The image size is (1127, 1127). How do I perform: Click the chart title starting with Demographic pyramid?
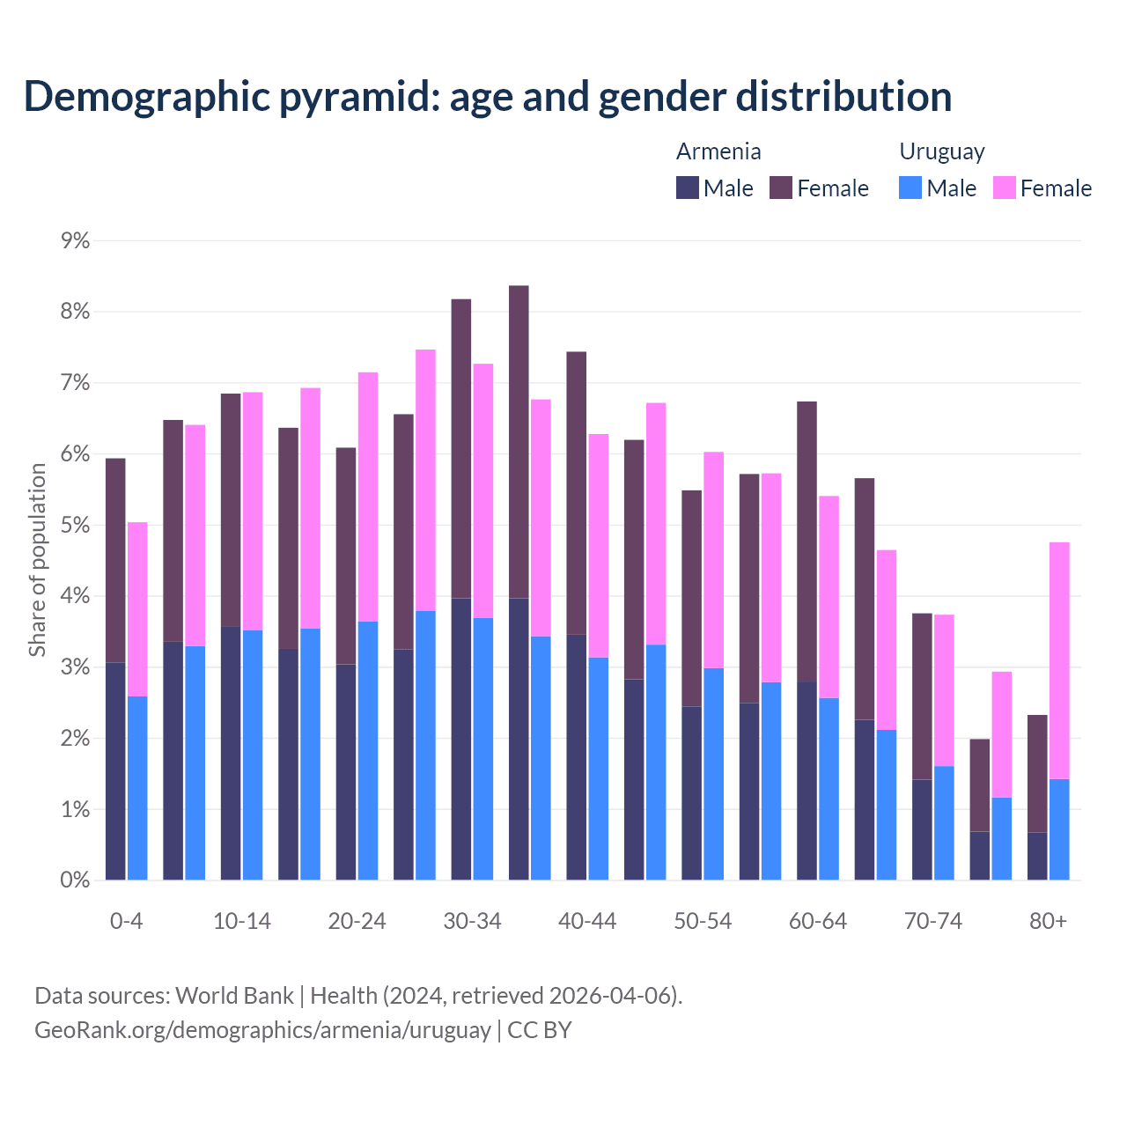coord(488,97)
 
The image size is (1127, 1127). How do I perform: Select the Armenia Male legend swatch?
coord(688,188)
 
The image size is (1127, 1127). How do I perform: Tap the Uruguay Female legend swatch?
coord(1005,188)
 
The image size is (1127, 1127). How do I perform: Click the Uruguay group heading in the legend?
coord(941,151)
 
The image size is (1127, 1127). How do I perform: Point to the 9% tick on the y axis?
coord(76,240)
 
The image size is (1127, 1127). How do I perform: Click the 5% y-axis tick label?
coord(76,525)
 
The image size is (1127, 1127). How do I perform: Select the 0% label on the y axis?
coord(76,880)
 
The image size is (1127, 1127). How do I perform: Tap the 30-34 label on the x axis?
coord(472,921)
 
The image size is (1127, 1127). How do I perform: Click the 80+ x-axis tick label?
coord(1048,921)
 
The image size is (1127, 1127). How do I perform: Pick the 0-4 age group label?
coord(126,921)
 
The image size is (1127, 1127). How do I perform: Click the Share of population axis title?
coord(37,560)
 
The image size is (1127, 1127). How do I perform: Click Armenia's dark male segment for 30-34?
coord(461,740)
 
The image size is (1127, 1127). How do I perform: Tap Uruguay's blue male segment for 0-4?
coord(137,788)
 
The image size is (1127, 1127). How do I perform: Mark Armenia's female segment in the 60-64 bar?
coord(807,541)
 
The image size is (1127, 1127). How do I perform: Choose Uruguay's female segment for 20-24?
coord(368,497)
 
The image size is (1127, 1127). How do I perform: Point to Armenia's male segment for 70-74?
coord(922,829)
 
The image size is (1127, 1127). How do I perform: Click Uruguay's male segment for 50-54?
coord(714,774)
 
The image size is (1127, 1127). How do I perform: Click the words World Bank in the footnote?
coord(234,996)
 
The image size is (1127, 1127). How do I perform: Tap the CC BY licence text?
coord(540,1030)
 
